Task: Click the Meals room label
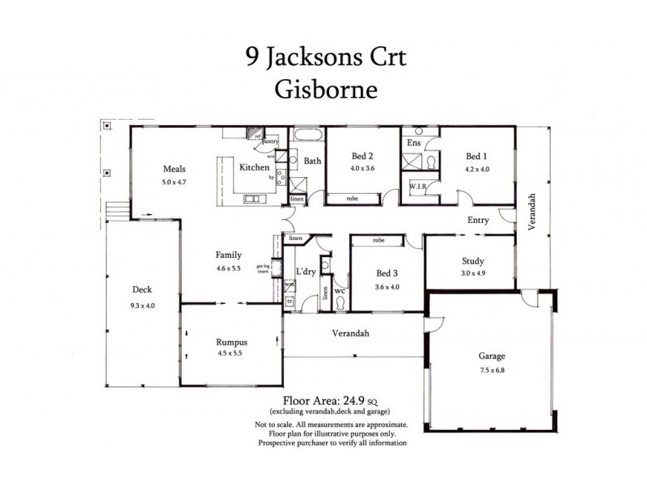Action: click(175, 170)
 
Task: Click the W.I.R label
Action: click(418, 187)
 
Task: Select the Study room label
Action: click(472, 260)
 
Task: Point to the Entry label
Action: click(480, 219)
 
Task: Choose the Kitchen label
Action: click(253, 167)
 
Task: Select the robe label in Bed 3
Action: click(378, 240)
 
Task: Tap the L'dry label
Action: click(305, 270)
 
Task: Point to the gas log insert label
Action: click(263, 270)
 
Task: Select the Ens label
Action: click(413, 143)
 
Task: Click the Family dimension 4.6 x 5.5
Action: click(229, 268)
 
